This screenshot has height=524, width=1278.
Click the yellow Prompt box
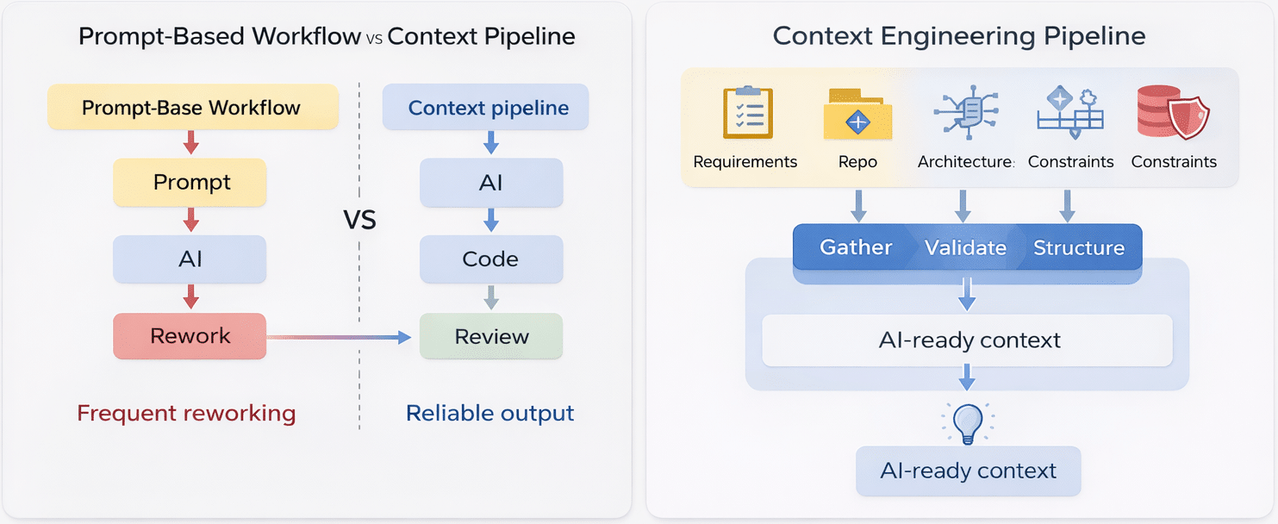point(190,183)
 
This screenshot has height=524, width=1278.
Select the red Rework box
point(190,336)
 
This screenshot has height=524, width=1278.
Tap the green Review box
point(491,336)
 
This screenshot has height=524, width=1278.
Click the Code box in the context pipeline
point(491,259)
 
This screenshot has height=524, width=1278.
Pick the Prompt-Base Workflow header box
point(191,108)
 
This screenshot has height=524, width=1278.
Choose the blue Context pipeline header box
point(488,108)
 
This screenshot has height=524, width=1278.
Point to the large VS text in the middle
point(360,221)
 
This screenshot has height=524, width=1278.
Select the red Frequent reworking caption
point(186,414)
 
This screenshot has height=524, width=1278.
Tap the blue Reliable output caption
point(489,414)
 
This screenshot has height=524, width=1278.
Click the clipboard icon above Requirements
point(747,113)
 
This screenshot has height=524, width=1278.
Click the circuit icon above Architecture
point(965,112)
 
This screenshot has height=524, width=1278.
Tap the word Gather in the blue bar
point(855,248)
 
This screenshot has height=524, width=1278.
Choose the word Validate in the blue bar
point(965,248)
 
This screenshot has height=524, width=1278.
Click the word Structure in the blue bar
point(1078,248)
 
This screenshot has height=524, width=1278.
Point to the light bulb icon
point(967,423)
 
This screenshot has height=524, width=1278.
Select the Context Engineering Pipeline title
point(959,36)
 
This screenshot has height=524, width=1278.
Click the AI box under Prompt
point(190,259)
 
